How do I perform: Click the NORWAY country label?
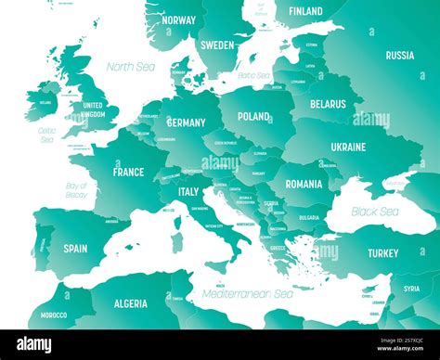tap(177, 19)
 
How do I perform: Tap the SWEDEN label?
tap(217, 44)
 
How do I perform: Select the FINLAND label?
tap(305, 11)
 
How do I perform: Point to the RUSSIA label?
tap(399, 56)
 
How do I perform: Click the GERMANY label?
tap(186, 122)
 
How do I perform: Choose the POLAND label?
tap(253, 117)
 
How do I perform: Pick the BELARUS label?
tap(330, 106)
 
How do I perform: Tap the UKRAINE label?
tap(348, 147)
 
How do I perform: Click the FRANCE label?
tap(128, 172)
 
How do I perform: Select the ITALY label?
tap(188, 192)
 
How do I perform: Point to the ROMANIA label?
tap(304, 184)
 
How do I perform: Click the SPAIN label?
tap(75, 249)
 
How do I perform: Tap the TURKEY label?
tap(382, 253)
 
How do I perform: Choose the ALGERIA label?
tap(129, 303)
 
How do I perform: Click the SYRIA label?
tap(409, 289)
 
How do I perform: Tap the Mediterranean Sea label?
tap(247, 294)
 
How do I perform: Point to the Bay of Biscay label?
tap(76, 191)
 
